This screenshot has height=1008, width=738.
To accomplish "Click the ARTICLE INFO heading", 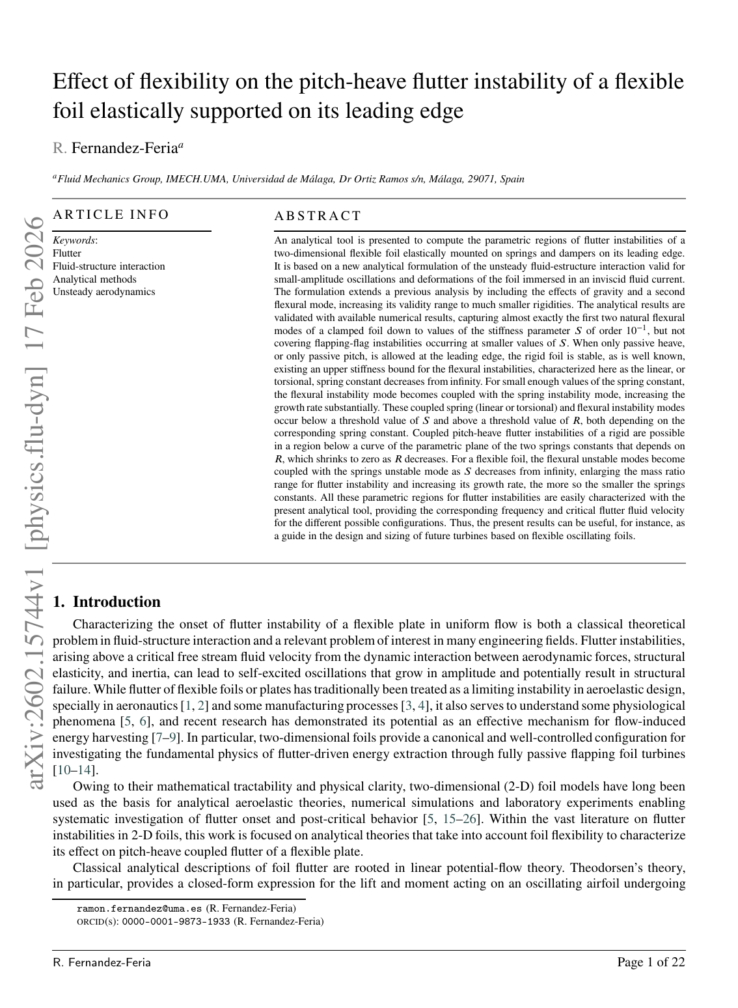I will (x=111, y=215).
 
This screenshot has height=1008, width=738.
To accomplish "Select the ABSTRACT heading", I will (x=318, y=216).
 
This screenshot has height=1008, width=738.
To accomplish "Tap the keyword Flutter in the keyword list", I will (x=67, y=253).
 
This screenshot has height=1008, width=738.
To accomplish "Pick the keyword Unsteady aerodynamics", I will (x=104, y=292).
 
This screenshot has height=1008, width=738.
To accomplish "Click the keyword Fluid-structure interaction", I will (x=109, y=266).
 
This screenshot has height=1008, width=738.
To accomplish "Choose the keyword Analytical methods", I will (x=94, y=279).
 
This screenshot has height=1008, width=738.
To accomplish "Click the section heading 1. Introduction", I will (x=107, y=602).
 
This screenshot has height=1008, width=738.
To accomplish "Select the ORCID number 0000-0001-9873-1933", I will (x=176, y=921).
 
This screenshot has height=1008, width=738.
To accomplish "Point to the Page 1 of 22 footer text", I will (x=651, y=962).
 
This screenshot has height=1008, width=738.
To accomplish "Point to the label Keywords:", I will (x=75, y=240).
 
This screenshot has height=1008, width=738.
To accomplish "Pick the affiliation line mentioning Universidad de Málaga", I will (x=288, y=179).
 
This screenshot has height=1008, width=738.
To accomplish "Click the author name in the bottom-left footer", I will (x=102, y=962).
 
